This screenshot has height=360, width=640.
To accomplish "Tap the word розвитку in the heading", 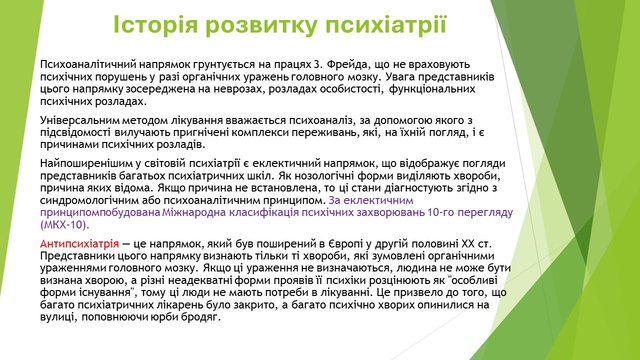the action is pos(261,25).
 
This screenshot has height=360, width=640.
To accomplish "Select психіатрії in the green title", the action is pos(386,25).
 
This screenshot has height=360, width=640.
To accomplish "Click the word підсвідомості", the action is pos(75,133).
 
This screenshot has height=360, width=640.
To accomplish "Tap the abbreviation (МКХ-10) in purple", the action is pos(64,225).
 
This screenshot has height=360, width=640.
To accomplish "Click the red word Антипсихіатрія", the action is pos(80,244).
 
